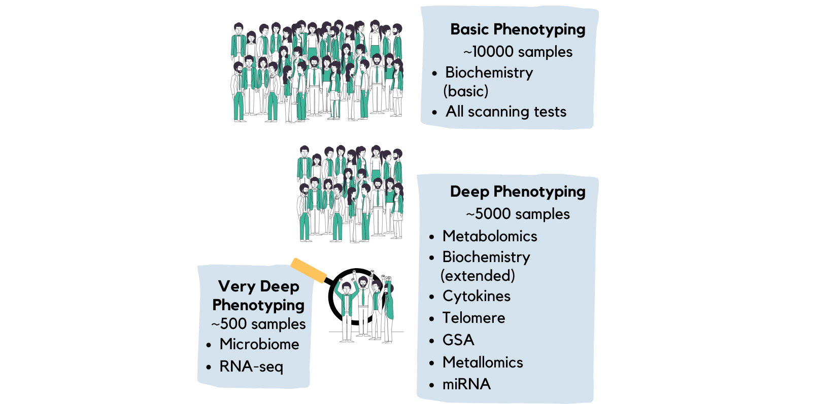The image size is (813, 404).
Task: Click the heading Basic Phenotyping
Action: (x=518, y=29)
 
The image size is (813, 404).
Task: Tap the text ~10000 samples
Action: (x=518, y=52)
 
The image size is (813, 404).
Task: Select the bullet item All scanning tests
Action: (x=506, y=112)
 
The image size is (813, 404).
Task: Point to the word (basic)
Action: (x=466, y=91)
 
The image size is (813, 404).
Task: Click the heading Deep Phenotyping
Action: (x=518, y=192)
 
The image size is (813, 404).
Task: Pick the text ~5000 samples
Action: (x=518, y=214)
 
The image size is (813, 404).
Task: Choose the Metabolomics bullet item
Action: (x=490, y=236)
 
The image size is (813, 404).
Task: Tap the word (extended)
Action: (x=478, y=276)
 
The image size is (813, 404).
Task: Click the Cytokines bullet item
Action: (x=477, y=296)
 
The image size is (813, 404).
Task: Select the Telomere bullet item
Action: (x=473, y=318)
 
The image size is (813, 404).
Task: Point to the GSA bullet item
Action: (x=458, y=340)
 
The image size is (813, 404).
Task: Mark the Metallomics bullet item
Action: (x=483, y=362)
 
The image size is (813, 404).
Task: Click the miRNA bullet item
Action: (x=466, y=384)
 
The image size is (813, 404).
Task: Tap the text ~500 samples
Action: (x=258, y=324)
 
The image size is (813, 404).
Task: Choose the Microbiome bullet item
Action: (x=259, y=344)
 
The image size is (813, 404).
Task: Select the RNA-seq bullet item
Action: (x=251, y=366)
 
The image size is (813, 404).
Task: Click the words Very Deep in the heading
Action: (x=258, y=286)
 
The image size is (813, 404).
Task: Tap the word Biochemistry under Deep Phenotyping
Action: (x=486, y=257)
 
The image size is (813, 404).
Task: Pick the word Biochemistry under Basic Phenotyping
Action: (x=489, y=72)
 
